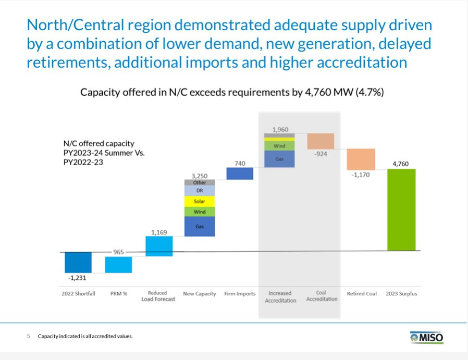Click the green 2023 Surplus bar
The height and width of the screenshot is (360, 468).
401,209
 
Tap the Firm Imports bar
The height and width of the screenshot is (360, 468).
240,173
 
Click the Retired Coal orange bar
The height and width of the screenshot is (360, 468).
361,159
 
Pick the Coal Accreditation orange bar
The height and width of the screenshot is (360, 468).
321,141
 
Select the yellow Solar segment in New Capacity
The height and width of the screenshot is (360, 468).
200,201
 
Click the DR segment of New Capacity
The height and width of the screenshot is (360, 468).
200,191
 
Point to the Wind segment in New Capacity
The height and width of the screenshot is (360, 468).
200,212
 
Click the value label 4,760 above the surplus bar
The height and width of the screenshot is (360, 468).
400,164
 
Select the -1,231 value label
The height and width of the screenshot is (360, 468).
78,278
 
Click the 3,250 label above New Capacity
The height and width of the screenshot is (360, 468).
200,176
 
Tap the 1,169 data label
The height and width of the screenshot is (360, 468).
159,232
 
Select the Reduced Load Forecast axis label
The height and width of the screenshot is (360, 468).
158,296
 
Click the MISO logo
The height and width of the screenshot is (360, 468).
426,338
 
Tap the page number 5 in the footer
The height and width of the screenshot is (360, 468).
29,337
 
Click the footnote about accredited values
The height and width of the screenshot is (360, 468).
85,337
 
